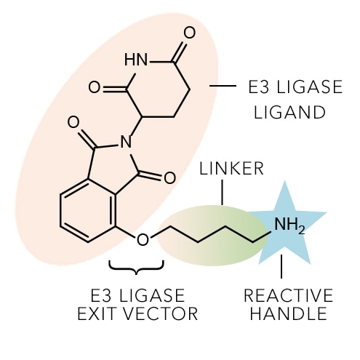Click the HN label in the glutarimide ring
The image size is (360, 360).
pos(136,60)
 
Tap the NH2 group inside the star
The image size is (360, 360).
pos(289,225)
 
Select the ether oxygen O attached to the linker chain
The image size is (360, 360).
pos(143,239)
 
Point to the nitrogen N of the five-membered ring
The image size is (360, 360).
pos(126,142)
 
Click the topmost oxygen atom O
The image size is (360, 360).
pos(189,33)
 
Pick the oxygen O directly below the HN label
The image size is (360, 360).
pos(95,87)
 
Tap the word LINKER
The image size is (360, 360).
pos(231,169)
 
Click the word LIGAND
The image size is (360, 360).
pos(289,112)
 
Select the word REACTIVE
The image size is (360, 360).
pos(288,295)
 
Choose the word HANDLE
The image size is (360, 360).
pos(289,313)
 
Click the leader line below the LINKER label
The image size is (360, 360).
pos(222,192)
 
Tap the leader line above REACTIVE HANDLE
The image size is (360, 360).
pos(281,266)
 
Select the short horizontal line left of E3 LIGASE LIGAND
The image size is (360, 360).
pos(223,86)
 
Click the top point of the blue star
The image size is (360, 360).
pos(285,181)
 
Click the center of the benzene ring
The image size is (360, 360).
pos(87,210)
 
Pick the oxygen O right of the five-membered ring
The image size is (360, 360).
pos(169,177)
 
